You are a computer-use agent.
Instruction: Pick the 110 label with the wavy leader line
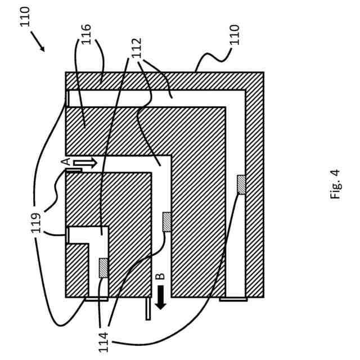pyautogui.click(x=235, y=35)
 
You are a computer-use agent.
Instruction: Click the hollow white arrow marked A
pyautogui.click(x=85, y=163)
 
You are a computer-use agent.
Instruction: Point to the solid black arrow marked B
pyautogui.click(x=160, y=296)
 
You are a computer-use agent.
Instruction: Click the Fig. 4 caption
pyautogui.click(x=336, y=184)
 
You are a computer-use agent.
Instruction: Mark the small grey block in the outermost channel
pyautogui.click(x=241, y=184)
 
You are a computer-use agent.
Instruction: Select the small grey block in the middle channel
pyautogui.click(x=166, y=222)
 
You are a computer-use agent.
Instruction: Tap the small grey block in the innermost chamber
pyautogui.click(x=103, y=268)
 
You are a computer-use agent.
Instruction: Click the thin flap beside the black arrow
pyautogui.click(x=148, y=309)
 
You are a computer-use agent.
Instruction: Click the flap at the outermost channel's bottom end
pyautogui.click(x=233, y=299)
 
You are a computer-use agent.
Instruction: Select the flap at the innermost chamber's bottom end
pyautogui.click(x=96, y=299)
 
